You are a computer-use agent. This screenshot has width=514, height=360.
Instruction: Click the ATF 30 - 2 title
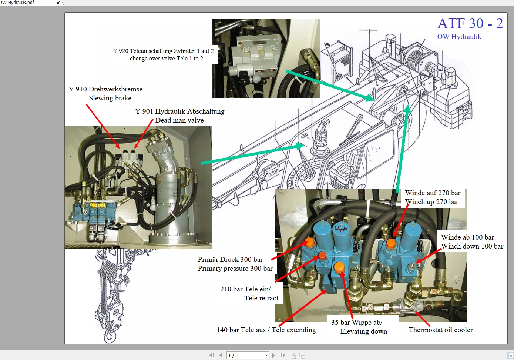point(470,23)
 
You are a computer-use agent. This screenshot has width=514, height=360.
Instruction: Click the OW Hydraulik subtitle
point(459,37)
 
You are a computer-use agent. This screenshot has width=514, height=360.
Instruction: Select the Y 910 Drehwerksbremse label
point(105,89)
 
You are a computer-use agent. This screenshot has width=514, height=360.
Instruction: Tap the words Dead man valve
point(179,120)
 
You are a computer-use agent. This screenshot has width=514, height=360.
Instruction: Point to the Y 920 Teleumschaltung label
point(163,51)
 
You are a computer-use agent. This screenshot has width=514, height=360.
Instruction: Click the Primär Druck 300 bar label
point(230,260)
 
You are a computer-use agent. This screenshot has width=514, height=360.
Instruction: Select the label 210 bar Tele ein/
point(245,289)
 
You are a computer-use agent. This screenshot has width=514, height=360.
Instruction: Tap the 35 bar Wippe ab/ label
point(357,323)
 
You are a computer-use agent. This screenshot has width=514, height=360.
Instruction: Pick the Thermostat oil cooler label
point(441,330)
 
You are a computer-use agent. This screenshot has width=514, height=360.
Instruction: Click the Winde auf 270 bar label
point(433,193)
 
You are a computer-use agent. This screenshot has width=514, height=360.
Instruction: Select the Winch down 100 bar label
point(472,246)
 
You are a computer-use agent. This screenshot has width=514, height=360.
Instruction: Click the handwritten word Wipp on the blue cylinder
point(341,229)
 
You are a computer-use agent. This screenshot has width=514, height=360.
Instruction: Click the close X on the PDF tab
point(58,3)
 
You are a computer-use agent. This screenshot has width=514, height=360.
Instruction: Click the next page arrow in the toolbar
point(273,356)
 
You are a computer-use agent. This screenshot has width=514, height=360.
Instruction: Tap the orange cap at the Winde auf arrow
point(391,244)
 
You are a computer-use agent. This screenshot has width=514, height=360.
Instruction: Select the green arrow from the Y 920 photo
point(329,85)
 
